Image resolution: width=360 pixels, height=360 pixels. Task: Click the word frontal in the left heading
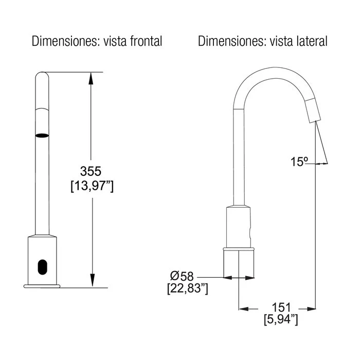tap(146, 41)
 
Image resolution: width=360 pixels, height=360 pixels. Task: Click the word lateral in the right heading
tap(313, 41)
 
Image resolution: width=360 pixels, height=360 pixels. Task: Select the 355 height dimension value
tap(91, 171)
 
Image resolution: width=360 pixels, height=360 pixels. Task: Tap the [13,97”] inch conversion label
tap(92, 186)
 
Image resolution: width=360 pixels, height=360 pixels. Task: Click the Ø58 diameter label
tap(182, 276)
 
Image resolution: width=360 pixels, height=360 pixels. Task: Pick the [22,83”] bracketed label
tap(188, 289)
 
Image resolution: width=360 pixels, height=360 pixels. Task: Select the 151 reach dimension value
tap(281, 307)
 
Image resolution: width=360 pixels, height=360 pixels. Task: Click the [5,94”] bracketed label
tap(281, 319)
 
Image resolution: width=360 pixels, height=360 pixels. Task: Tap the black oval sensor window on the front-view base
tap(42, 267)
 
